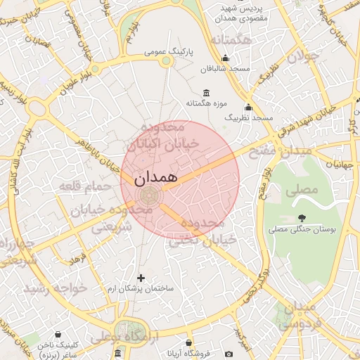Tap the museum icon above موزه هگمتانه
tap(205, 94)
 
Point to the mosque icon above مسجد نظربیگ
tap(247, 108)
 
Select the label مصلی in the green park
tap(302, 191)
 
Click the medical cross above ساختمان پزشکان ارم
tap(141, 278)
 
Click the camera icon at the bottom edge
tap(229, 354)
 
